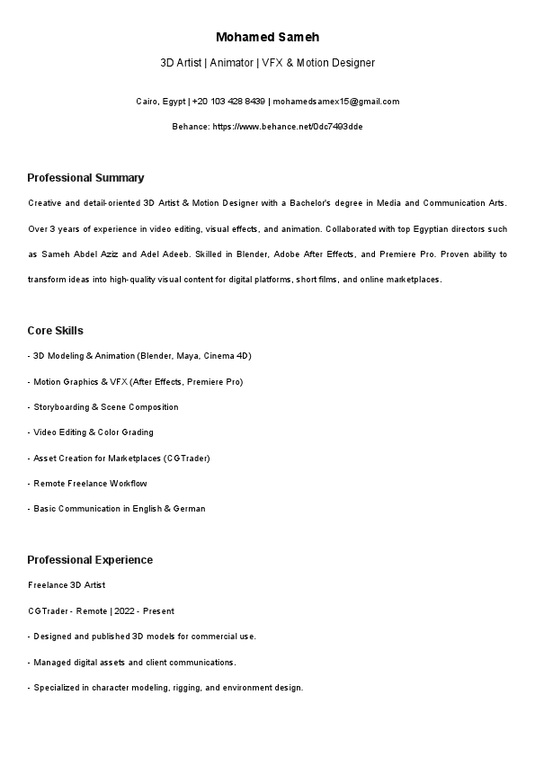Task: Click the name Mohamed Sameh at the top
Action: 267,37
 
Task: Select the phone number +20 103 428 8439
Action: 228,102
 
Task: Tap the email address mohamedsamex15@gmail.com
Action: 336,102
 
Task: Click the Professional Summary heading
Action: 85,177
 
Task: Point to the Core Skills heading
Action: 55,331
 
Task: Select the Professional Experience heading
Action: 90,560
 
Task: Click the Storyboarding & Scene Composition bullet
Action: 105,407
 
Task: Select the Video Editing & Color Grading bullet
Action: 93,432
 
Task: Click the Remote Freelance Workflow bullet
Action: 90,484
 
